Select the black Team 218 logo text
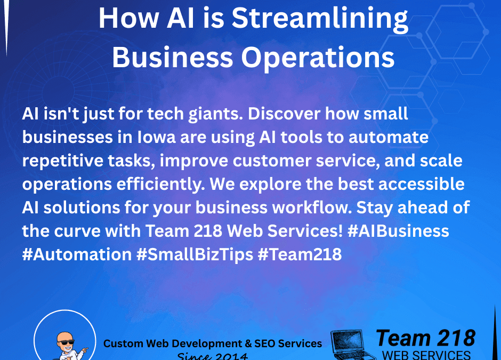[425, 339]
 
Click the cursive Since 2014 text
[212, 356]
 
